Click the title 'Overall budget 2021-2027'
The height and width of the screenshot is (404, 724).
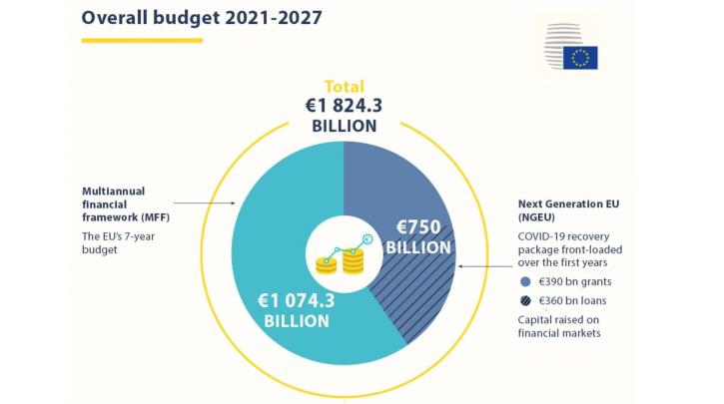202,18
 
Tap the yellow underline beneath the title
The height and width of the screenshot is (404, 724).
142,41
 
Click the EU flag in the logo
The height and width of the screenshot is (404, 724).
580,58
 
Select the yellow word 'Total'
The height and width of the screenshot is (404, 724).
344,87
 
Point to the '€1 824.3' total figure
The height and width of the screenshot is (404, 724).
344,106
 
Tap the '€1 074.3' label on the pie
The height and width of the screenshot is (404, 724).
296,299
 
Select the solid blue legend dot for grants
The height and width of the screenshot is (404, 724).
525,282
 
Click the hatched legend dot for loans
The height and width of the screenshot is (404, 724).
525,300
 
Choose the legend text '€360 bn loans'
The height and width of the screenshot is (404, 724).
575,300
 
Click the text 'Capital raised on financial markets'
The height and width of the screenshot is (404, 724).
559,326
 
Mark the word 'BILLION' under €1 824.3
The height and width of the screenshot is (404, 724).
344,127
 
